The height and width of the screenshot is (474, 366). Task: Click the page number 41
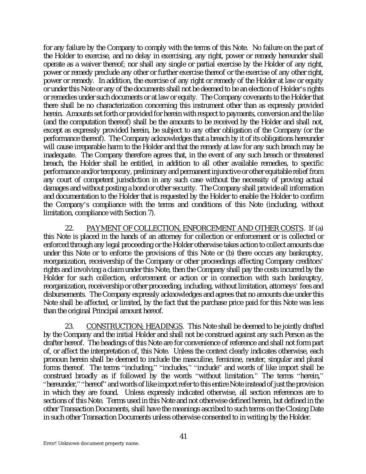(x=184, y=436)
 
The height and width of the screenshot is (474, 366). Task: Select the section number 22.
(x=69, y=228)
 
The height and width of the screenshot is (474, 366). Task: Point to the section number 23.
(x=69, y=326)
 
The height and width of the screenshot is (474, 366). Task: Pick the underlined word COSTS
(x=292, y=228)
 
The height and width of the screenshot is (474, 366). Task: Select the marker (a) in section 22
(x=319, y=228)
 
